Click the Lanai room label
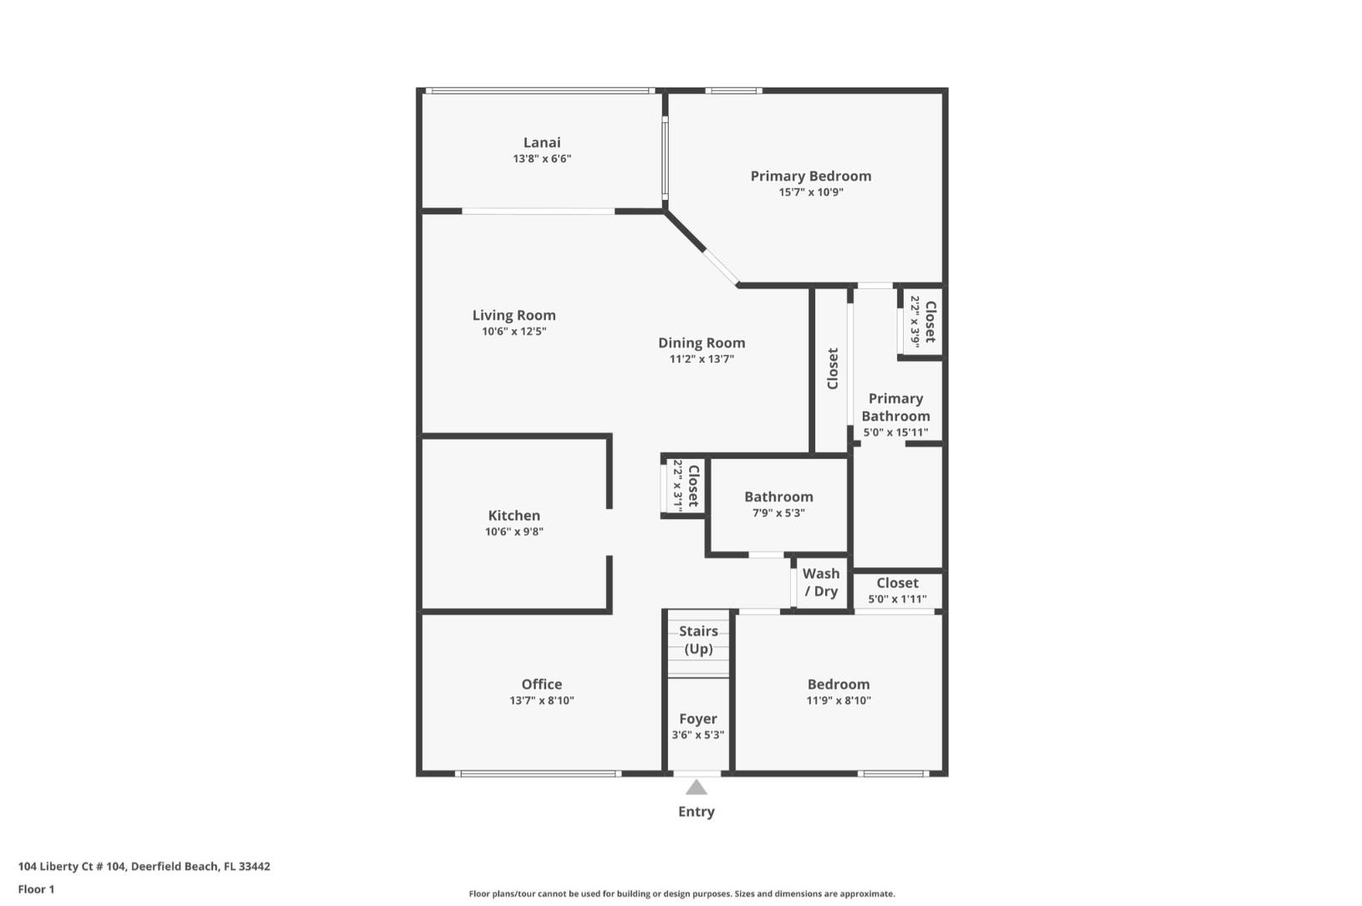click(x=542, y=143)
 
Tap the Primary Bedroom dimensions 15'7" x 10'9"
click(x=810, y=192)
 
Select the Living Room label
click(x=513, y=315)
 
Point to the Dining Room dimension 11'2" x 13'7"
click(x=701, y=359)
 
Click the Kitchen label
click(x=513, y=516)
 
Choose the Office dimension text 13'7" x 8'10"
click(x=541, y=700)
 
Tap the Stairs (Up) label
click(x=698, y=639)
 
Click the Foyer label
click(x=697, y=719)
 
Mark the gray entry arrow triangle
click(x=696, y=787)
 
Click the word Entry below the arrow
click(x=696, y=812)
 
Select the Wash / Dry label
click(x=820, y=583)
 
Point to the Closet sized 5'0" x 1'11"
click(x=896, y=590)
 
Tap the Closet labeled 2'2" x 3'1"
click(x=686, y=486)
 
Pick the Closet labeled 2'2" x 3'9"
click(x=921, y=322)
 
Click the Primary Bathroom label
click(x=895, y=408)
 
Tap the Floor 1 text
click(x=36, y=889)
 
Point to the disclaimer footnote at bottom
click(x=681, y=893)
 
